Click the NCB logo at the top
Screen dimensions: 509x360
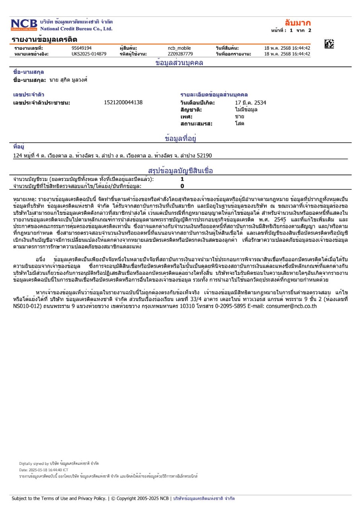tap(24, 25)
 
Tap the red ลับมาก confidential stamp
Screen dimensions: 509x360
tap(298, 23)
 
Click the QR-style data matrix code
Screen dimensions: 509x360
tap(329, 44)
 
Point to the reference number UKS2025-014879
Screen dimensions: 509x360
tap(89, 54)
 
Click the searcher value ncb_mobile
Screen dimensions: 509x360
tap(179, 48)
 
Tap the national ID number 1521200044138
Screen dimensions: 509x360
tap(123, 103)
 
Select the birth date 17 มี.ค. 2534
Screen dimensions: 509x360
tap(251, 103)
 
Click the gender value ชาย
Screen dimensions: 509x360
tap(239, 117)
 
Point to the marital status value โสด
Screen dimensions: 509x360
tap(239, 124)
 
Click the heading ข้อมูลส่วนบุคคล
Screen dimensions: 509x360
tap(179, 63)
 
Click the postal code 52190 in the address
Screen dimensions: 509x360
tap(204, 155)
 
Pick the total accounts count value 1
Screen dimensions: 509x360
tap(182, 179)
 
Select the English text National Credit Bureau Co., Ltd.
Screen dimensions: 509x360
tap(76, 29)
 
